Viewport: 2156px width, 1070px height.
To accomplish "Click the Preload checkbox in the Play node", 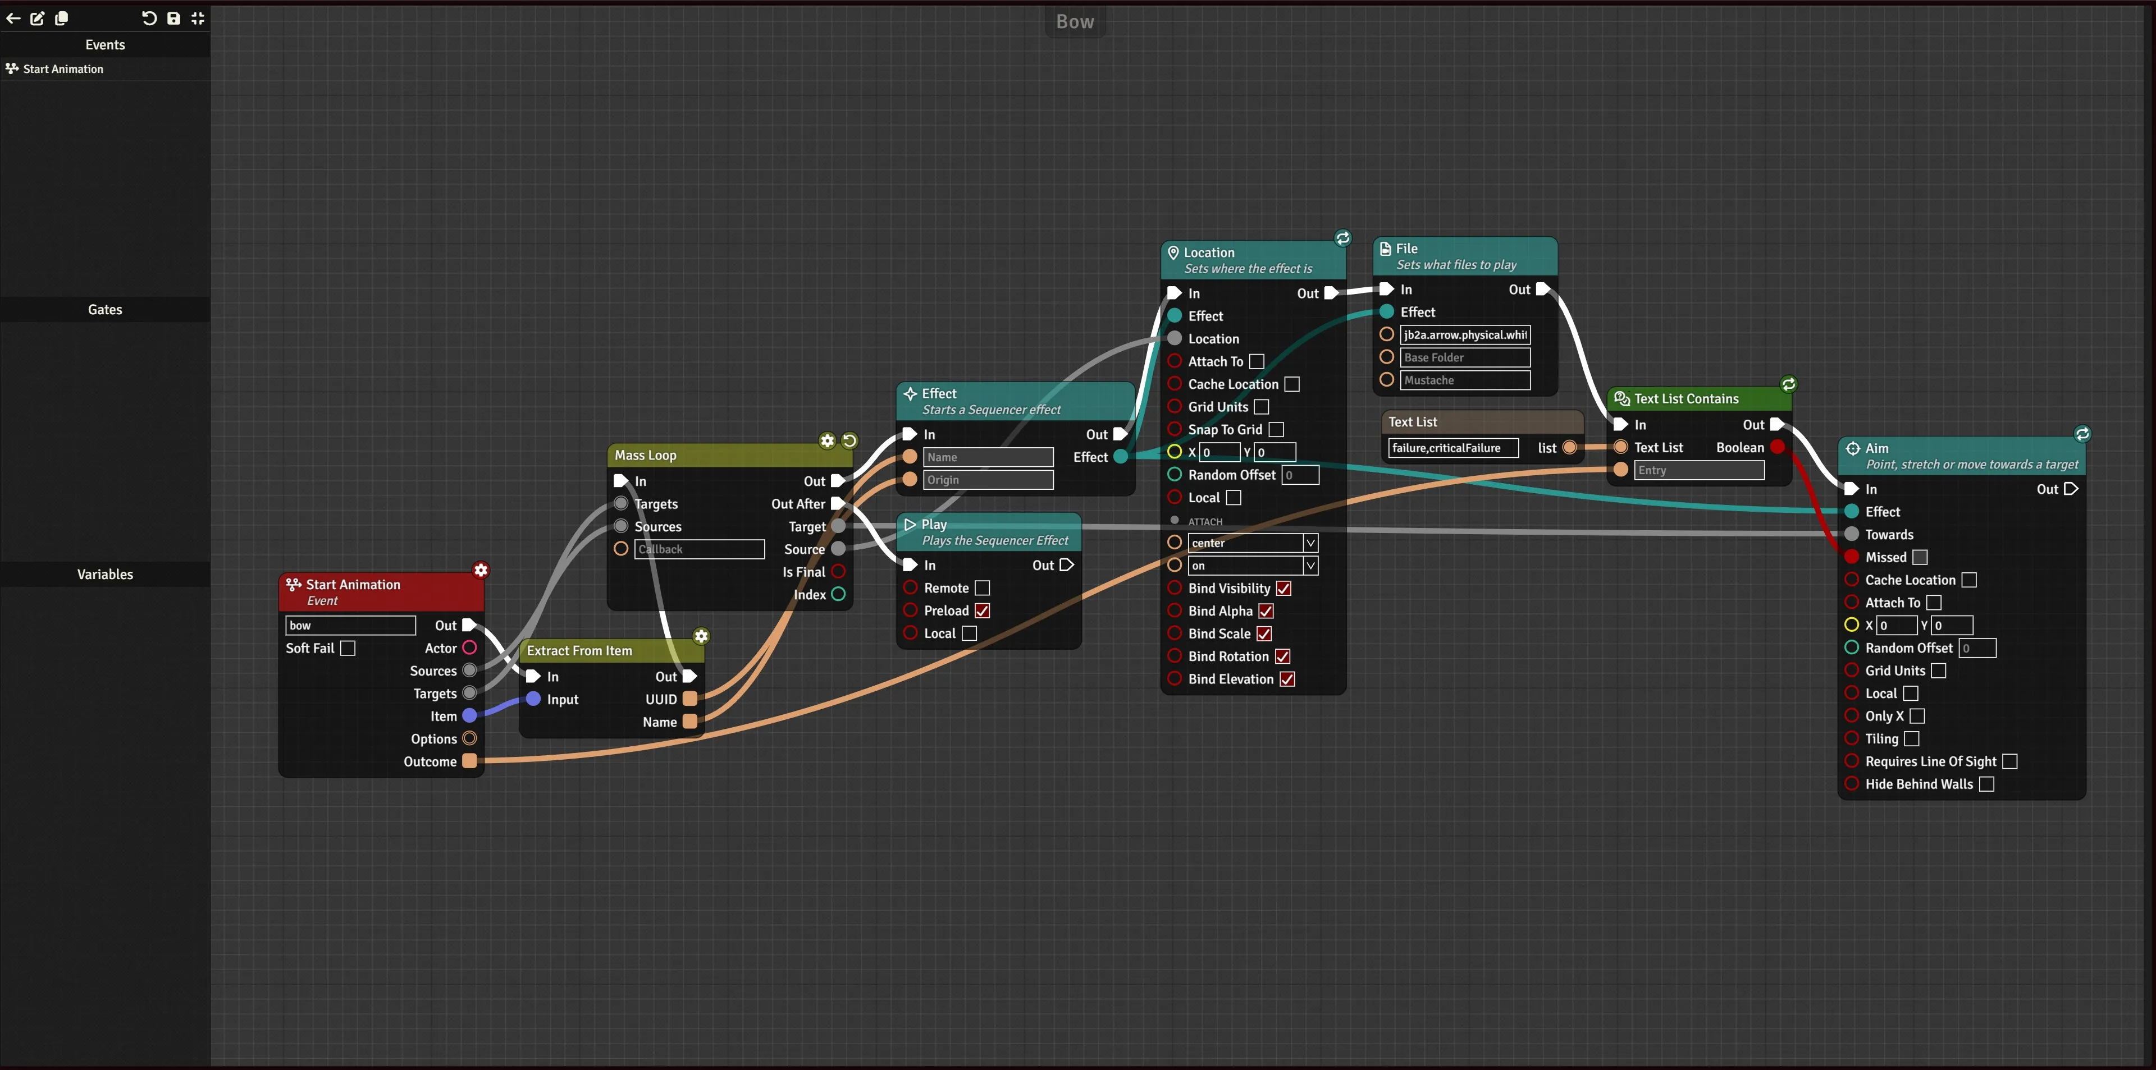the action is coord(983,610).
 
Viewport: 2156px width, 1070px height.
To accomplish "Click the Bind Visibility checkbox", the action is coord(1283,588).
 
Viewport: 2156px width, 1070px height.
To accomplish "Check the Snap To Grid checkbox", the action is coord(1276,429).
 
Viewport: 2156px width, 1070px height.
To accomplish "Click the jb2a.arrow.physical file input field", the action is coord(1465,334).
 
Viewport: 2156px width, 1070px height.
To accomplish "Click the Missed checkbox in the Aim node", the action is coord(1920,557).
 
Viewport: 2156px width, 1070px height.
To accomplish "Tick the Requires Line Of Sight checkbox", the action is coord(2009,761).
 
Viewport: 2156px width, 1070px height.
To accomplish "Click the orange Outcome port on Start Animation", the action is coord(469,760).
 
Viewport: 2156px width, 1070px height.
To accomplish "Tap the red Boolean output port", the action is coord(1778,447).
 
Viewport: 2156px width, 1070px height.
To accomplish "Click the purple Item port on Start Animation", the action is coord(469,715).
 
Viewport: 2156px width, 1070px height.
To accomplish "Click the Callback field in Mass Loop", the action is coord(700,549).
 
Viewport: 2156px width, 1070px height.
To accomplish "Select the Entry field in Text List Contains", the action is coord(1699,470).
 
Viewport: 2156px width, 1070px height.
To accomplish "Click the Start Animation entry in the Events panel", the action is coord(63,68).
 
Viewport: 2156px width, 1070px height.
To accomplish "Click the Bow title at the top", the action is coord(1075,22).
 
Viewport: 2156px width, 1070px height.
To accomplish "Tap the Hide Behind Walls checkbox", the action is coord(1986,784).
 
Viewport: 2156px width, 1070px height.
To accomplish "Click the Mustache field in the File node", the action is coord(1465,380).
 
